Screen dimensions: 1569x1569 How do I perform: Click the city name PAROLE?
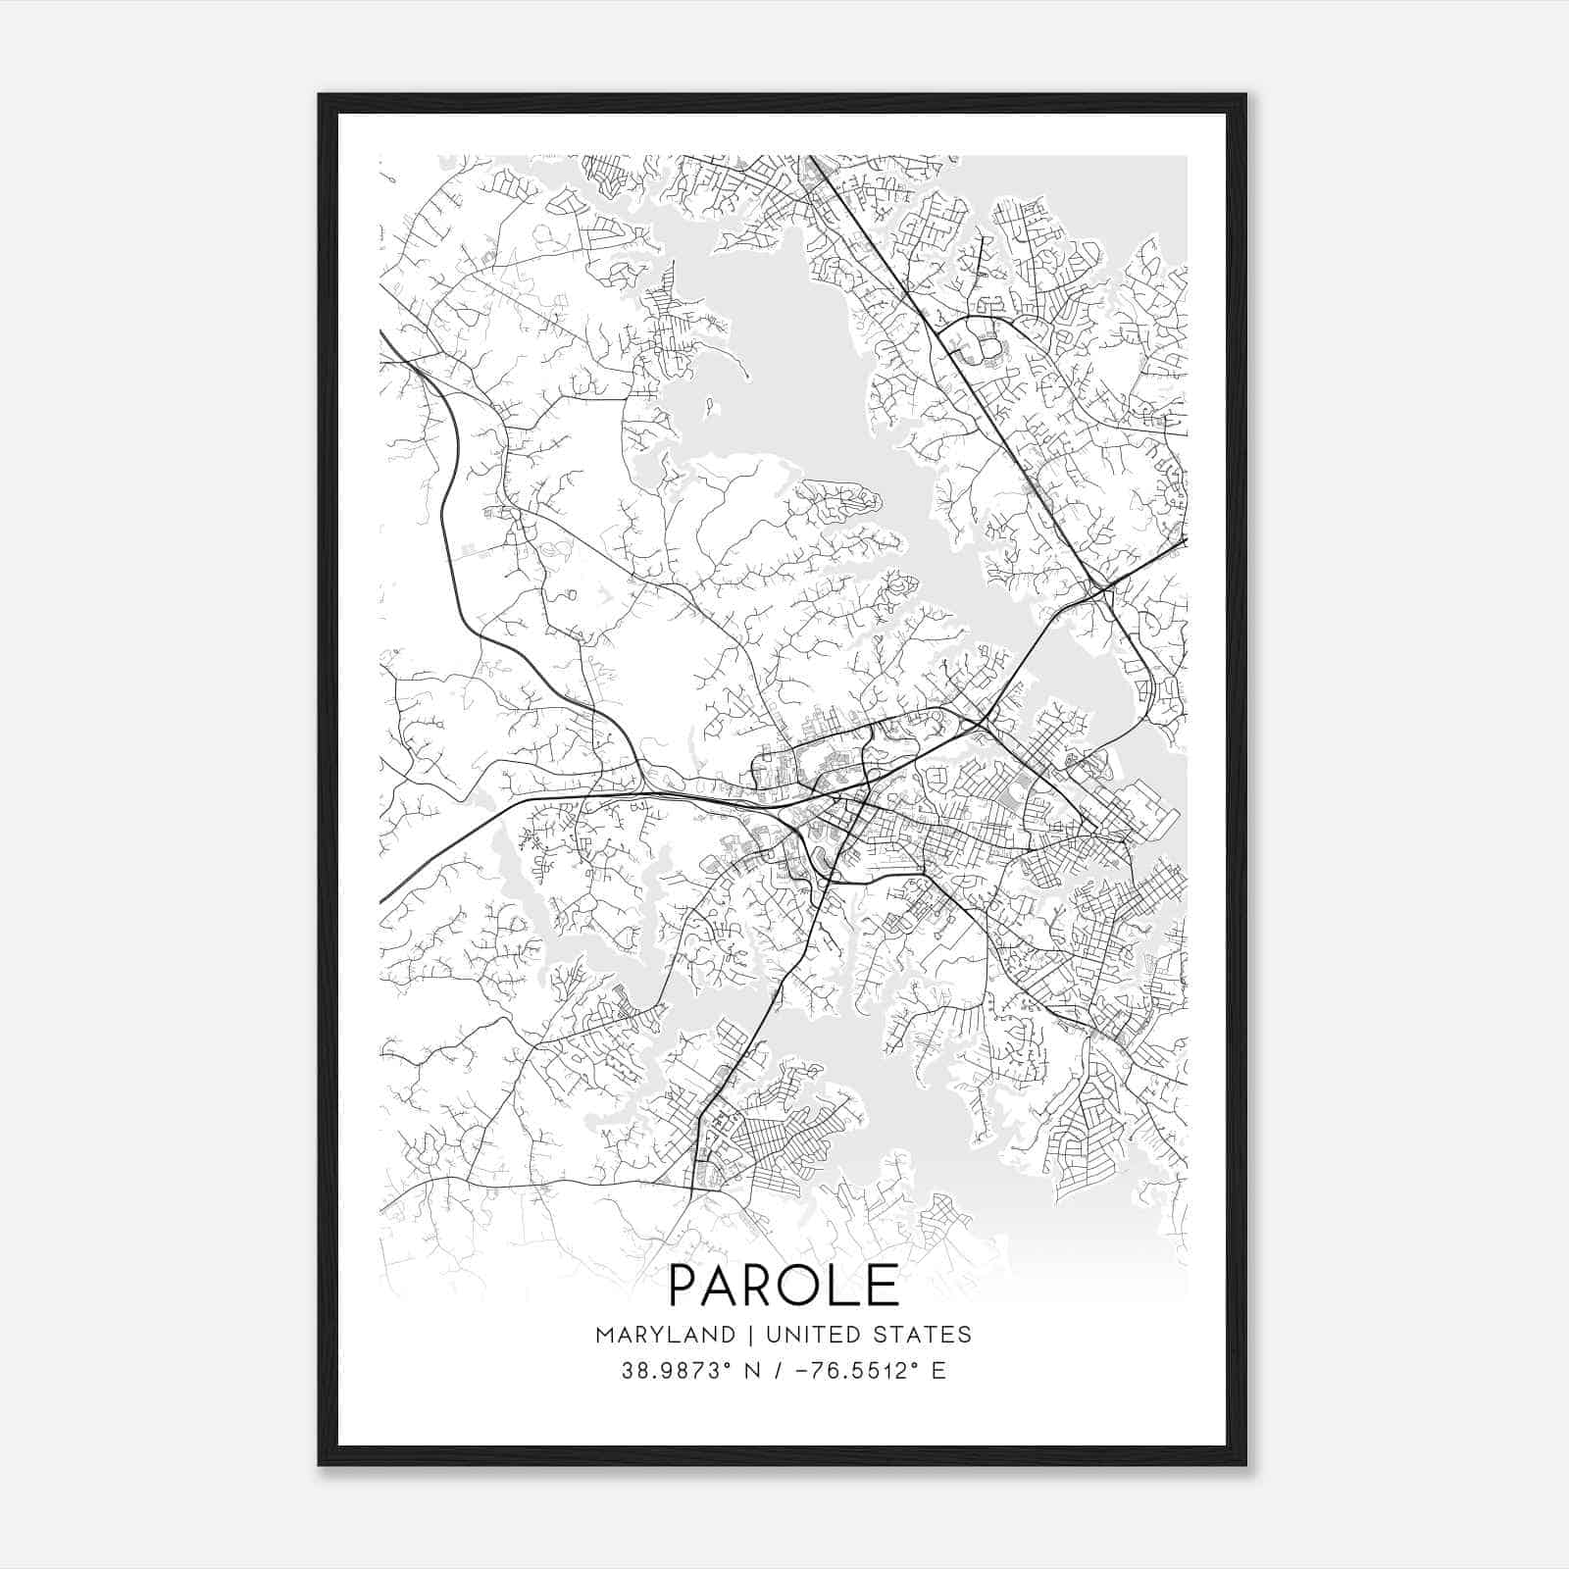tap(784, 1286)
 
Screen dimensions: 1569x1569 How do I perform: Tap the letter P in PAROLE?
tap(685, 1286)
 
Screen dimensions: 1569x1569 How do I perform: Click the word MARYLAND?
tap(664, 1335)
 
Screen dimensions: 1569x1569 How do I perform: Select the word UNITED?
tap(804, 1335)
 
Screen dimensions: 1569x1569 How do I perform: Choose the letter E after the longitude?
tap(938, 1371)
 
